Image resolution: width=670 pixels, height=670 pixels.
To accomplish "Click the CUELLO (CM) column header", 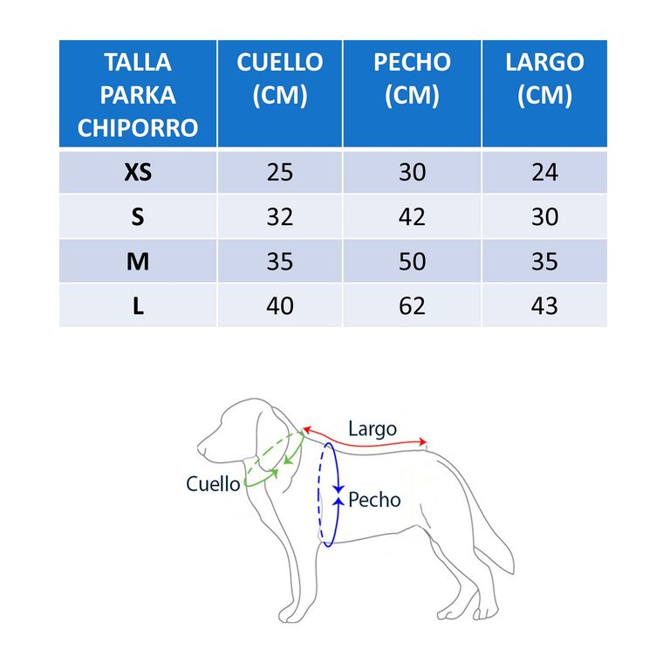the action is (x=280, y=79).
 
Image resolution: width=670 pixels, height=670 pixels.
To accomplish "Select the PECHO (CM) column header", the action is (x=413, y=79).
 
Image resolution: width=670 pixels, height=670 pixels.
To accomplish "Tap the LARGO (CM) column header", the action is (x=544, y=79).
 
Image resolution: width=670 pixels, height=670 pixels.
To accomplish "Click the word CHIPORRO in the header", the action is (x=138, y=127).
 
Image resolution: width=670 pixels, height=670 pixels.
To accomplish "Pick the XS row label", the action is (x=138, y=172).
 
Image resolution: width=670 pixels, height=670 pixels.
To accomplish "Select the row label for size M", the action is (x=138, y=262).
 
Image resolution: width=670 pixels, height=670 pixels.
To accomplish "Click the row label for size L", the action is (x=138, y=306).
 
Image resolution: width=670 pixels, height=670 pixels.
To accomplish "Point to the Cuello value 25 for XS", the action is (x=280, y=172).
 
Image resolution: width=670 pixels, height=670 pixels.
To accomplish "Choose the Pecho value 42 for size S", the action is (x=413, y=216).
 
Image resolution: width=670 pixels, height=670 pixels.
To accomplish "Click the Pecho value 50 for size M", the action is (x=413, y=262).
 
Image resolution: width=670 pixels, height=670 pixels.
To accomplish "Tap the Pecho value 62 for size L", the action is (x=413, y=306).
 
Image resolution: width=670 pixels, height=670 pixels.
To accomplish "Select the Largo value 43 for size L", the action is (x=544, y=306).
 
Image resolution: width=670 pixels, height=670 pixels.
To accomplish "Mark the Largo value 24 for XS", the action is (x=544, y=172).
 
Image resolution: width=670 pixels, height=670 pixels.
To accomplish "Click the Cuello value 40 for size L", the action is (x=280, y=306).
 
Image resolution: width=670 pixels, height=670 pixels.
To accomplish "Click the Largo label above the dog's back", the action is (x=373, y=429).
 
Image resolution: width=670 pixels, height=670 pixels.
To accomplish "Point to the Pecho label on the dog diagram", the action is (x=374, y=500).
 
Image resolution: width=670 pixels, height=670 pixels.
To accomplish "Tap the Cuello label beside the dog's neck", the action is (x=213, y=484).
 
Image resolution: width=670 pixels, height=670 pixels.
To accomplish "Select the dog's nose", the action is (x=200, y=448).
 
